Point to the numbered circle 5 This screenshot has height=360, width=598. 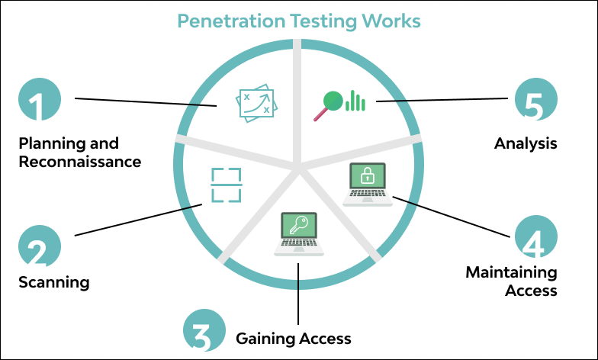[x=536, y=101]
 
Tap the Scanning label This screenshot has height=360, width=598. [x=53, y=282]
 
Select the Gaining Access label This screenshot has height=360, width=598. [x=293, y=338]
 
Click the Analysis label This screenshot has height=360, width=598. [x=526, y=143]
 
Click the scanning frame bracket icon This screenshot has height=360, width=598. [x=226, y=185]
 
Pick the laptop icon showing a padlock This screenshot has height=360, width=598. [x=367, y=184]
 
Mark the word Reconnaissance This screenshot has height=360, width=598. [x=79, y=162]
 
